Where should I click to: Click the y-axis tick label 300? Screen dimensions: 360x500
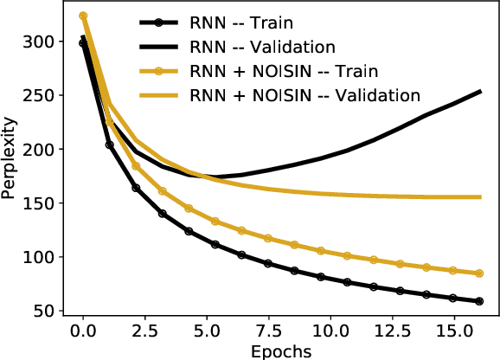(x=43, y=42)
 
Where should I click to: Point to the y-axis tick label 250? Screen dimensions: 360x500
(x=43, y=95)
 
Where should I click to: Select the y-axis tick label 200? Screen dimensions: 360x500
(x=43, y=149)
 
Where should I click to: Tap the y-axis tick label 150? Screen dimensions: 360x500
(x=43, y=203)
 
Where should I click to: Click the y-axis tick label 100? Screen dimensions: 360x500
(x=43, y=257)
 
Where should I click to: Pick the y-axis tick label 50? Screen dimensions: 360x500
(x=48, y=311)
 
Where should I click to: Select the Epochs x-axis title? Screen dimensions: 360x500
(x=275, y=350)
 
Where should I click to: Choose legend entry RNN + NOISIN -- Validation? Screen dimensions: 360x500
(x=307, y=94)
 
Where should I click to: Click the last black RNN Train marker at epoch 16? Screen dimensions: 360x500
(x=478, y=301)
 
